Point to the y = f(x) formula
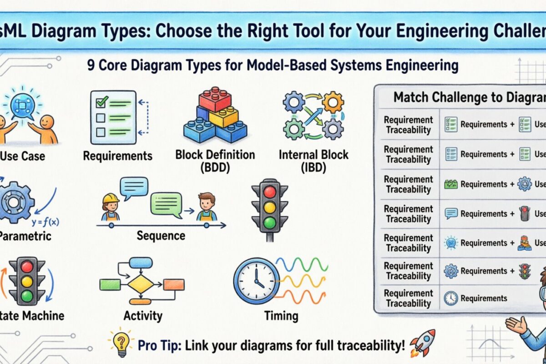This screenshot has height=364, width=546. click(x=46, y=222)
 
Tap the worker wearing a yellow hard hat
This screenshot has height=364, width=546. click(x=110, y=207)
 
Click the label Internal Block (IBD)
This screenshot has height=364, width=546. click(x=313, y=160)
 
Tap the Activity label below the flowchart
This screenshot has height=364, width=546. click(x=143, y=315)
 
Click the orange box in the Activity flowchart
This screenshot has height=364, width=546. click(x=173, y=284)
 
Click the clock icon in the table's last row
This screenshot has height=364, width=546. click(x=450, y=298)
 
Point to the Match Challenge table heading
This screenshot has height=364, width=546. click(x=469, y=97)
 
